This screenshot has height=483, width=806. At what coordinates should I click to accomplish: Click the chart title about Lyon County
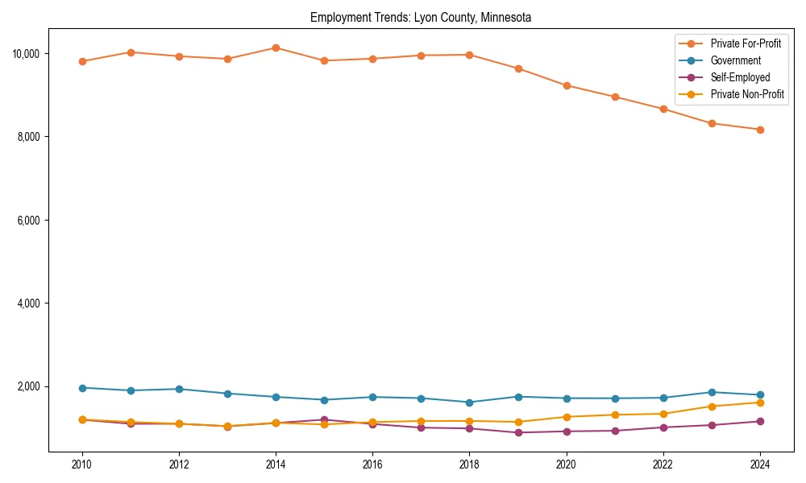coord(420,17)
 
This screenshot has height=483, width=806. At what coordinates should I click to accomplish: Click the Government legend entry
coord(735,60)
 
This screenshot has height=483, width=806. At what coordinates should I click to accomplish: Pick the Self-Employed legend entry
coord(740,77)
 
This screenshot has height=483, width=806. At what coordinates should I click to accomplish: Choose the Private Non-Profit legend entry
coord(747,94)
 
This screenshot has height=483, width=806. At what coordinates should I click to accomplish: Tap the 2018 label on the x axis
coord(469,464)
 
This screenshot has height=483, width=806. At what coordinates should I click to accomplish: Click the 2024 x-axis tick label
coord(760,464)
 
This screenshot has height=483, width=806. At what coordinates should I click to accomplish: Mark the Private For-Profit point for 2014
coord(276,47)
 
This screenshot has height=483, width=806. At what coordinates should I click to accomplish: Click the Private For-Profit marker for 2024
coord(760,130)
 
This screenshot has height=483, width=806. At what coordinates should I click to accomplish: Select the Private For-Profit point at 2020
coord(567,85)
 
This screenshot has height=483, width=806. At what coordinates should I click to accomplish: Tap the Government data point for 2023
coord(712,392)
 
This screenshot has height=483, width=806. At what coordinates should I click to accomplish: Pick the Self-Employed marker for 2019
coord(518,432)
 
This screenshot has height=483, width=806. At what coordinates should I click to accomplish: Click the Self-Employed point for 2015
coord(324,419)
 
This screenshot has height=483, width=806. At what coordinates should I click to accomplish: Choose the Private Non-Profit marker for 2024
coord(760,402)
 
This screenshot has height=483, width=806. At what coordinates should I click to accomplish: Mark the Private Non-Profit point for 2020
coord(567,417)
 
